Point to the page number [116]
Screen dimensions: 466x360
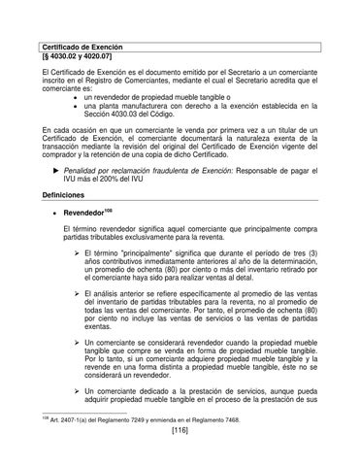coord(180,456)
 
